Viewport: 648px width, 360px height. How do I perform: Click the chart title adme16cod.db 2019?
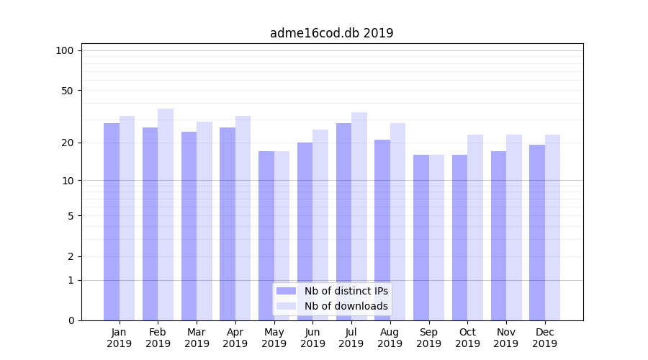[331, 33]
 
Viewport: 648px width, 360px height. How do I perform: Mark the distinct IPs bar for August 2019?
[382, 230]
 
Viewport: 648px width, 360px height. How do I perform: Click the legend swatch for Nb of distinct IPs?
[286, 291]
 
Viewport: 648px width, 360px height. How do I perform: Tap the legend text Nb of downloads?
[346, 306]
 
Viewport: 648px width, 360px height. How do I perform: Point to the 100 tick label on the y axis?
[65, 50]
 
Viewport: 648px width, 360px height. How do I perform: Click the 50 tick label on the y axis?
[68, 91]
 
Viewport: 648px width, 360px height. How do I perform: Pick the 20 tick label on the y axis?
[68, 143]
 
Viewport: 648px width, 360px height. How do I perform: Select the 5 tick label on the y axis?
[71, 215]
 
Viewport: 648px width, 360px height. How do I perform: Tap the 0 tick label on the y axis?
[71, 320]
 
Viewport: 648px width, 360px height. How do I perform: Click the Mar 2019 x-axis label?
[197, 338]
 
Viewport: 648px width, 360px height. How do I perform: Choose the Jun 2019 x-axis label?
[312, 338]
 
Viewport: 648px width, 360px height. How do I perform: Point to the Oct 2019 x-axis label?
[467, 338]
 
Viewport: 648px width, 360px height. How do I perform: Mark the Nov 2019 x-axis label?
[506, 338]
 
